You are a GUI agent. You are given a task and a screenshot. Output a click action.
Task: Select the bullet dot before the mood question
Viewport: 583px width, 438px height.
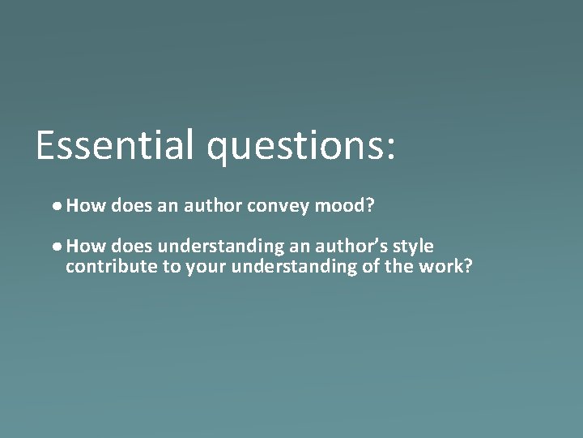pyautogui.click(x=61, y=208)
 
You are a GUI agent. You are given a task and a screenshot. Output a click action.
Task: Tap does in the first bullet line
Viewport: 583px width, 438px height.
pyautogui.click(x=132, y=207)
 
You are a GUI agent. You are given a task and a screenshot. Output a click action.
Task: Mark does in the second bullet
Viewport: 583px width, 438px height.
pyautogui.click(x=132, y=247)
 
